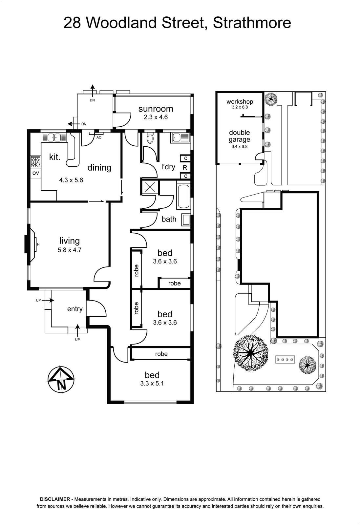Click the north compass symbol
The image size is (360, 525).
click(61, 379)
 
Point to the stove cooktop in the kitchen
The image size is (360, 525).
click(35, 162)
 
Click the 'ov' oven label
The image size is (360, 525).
click(35, 173)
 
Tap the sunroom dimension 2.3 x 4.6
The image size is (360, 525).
click(156, 117)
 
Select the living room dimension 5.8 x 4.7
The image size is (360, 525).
click(70, 250)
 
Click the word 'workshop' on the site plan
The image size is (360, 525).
click(240, 101)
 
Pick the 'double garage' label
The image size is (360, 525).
click(240, 136)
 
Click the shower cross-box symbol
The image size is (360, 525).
click(150, 187)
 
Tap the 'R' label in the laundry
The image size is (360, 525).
click(185, 168)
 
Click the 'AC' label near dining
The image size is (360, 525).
click(99, 137)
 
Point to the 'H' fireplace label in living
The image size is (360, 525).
click(38, 244)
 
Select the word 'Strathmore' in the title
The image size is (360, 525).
click(252, 23)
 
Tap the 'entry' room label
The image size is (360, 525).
click(75, 309)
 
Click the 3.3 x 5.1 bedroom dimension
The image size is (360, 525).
click(152, 384)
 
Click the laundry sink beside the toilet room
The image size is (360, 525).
click(180, 137)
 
